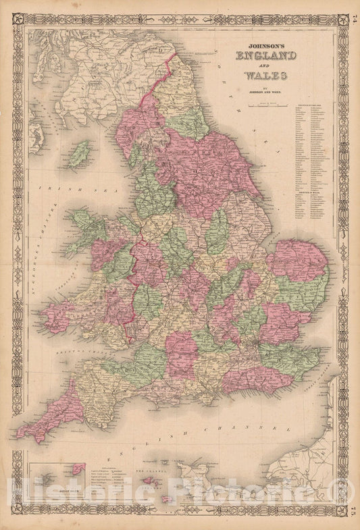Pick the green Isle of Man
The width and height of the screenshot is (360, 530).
coord(80,153)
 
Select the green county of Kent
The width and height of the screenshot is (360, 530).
coord(290,359)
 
